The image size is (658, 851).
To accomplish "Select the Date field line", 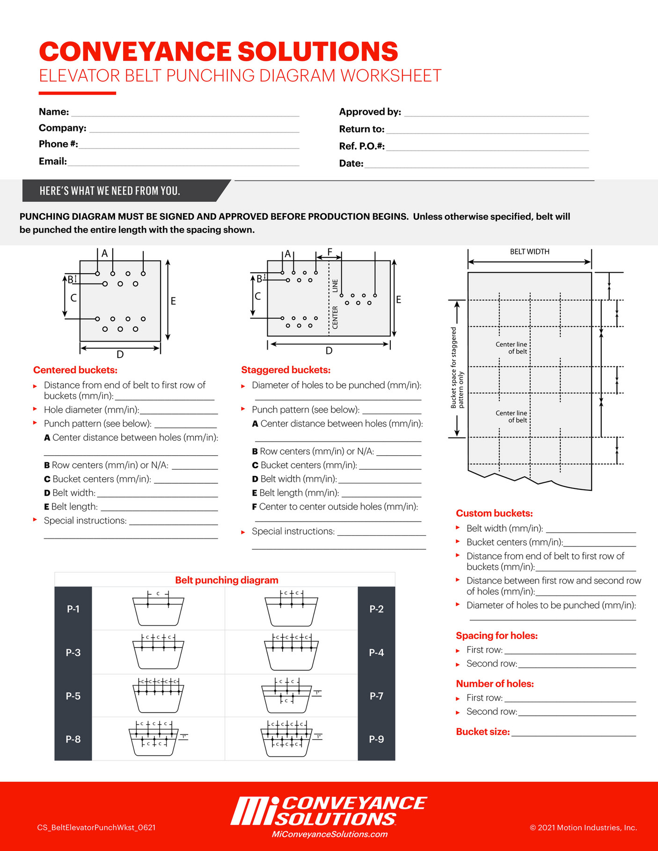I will coord(476,166).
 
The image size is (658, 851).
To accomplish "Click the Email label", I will coord(53,161).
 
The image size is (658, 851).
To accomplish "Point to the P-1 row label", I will coord(73,609).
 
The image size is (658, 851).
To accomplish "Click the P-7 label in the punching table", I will coord(376,696).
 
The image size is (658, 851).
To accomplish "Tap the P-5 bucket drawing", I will coord(159,695).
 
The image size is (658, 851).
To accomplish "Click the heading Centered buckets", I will coord(75,370).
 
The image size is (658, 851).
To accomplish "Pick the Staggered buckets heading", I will coord(285,370).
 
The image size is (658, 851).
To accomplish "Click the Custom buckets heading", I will coord(494,513).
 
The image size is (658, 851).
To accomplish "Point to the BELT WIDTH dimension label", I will coord(529,252).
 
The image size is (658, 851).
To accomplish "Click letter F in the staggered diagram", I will coord(329,252).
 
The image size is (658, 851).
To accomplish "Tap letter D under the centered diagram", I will coord(120,355).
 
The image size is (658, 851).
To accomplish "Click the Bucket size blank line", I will coord(573,735).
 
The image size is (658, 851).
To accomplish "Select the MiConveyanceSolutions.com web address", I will coord(329,834).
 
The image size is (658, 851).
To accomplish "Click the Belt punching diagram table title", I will coord(227,580).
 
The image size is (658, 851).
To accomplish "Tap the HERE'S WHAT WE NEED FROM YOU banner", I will coord(110,191).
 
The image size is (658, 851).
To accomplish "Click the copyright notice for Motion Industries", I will coord(583,828).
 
